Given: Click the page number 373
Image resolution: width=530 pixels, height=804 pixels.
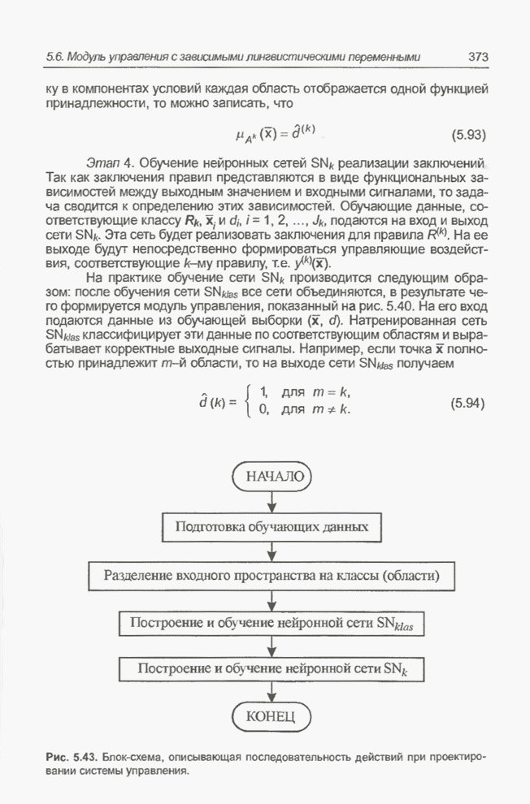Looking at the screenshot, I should click(477, 58).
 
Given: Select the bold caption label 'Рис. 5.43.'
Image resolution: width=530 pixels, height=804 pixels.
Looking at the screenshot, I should click(69, 756).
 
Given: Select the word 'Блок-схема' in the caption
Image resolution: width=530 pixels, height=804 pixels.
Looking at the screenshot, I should click(128, 756).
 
